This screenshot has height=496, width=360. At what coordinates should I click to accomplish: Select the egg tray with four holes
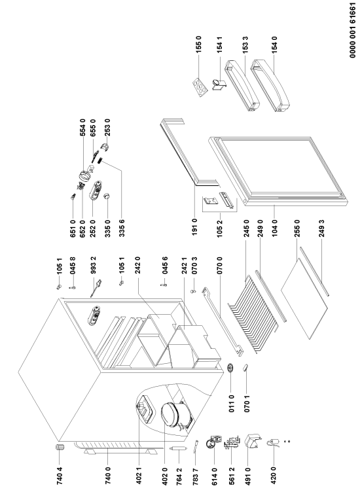coord(200,86)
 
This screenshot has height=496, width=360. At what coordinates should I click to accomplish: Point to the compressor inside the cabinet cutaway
coord(176,414)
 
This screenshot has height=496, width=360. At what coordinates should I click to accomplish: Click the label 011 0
coord(231,404)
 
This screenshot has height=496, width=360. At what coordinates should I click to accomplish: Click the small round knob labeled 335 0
coord(107,196)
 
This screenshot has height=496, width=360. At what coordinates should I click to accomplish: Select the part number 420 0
coord(274,476)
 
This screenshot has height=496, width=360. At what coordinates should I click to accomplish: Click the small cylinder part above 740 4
coord(60,448)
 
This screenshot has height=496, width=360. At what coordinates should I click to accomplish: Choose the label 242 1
coord(185,265)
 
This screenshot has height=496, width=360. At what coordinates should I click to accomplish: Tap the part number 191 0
coord(194,227)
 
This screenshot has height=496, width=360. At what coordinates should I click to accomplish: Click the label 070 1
coord(247,404)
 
